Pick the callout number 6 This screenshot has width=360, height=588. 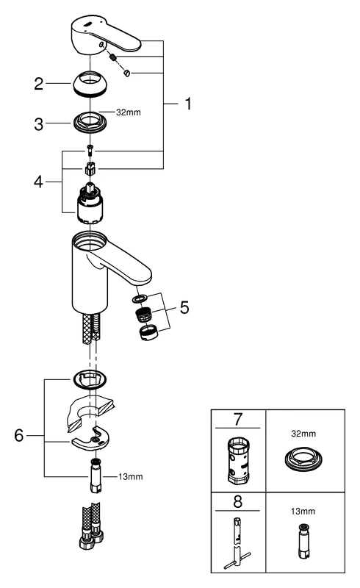[x=21, y=435]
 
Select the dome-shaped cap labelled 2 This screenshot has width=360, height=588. [x=91, y=85]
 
